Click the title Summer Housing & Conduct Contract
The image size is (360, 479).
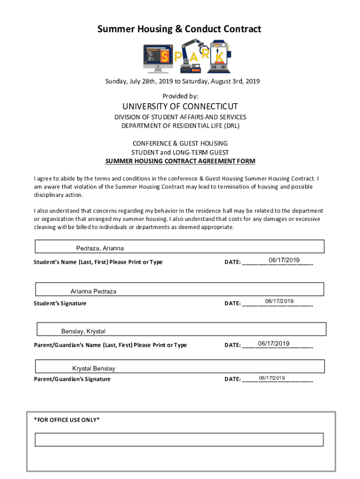click(179, 29)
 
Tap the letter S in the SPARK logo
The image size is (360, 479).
click(165, 57)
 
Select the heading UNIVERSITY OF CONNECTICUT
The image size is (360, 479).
click(180, 106)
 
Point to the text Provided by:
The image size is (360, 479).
click(180, 96)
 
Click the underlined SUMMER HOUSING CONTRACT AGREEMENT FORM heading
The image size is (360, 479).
click(180, 161)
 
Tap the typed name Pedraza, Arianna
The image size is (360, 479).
click(100, 248)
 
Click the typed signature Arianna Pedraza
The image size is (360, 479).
click(94, 291)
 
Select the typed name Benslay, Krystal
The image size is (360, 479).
click(83, 331)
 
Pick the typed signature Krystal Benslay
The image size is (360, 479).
click(94, 369)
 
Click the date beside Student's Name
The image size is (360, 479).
click(284, 260)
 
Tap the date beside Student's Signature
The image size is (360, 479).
click(279, 301)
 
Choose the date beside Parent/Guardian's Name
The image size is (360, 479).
click(274, 344)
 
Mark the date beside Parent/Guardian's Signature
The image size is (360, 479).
click(272, 377)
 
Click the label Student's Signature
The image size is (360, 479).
click(60, 303)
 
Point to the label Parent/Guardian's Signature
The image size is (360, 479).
click(72, 379)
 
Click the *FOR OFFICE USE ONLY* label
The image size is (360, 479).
click(67, 420)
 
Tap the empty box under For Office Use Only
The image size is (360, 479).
click(179, 439)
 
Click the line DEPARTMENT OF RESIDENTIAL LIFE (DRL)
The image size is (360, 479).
click(180, 126)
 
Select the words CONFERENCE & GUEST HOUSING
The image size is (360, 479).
click(180, 143)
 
